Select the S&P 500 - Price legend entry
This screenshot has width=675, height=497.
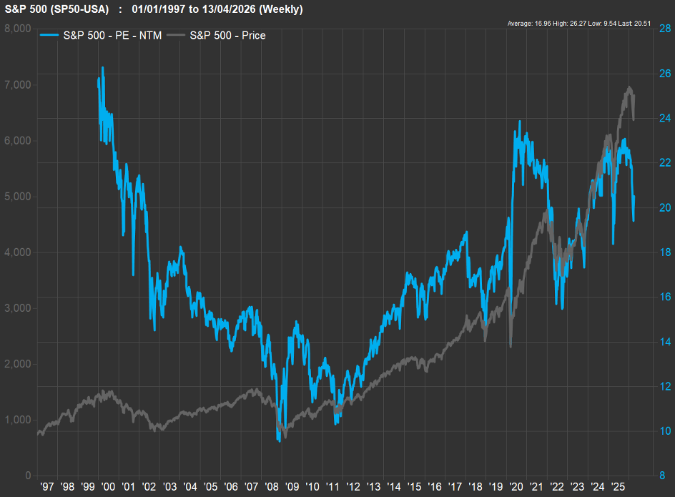(x=227, y=35)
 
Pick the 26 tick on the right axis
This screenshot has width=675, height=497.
(x=664, y=73)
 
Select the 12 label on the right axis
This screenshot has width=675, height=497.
(x=664, y=386)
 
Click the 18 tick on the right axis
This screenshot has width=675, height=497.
(x=664, y=252)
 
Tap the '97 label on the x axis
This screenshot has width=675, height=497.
(x=47, y=487)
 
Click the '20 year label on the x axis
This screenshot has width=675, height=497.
(x=516, y=487)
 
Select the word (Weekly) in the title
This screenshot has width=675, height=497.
(x=282, y=10)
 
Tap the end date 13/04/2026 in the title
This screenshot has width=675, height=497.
(x=228, y=10)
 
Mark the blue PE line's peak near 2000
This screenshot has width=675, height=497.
(x=102, y=67)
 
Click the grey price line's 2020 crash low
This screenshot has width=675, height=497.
(x=511, y=348)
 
